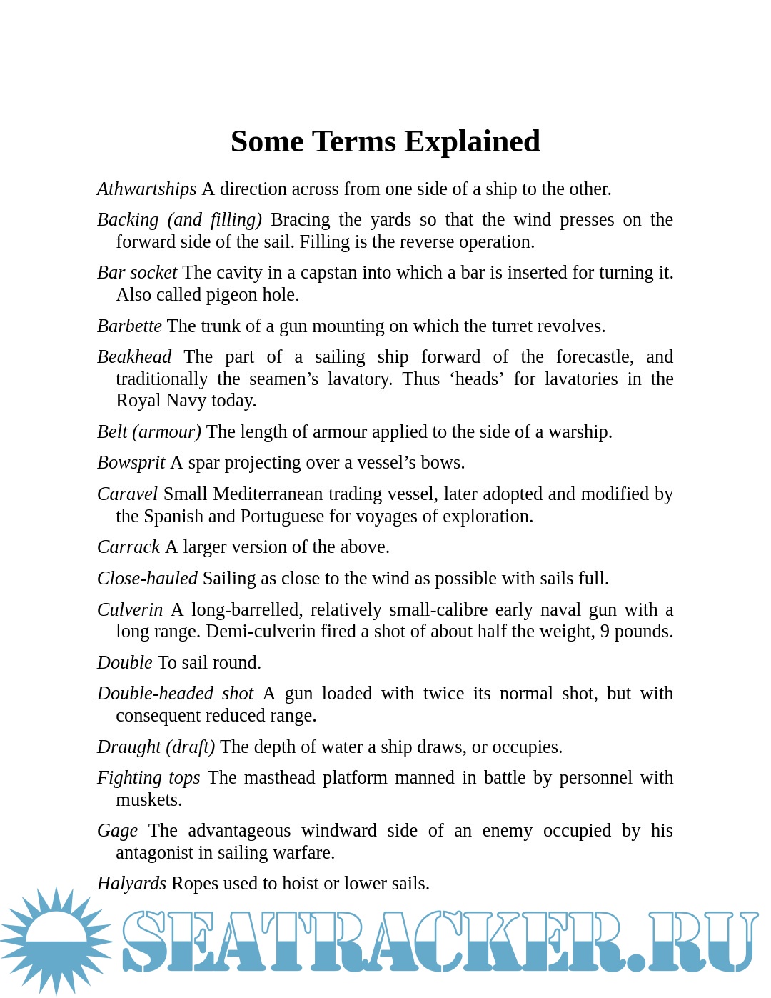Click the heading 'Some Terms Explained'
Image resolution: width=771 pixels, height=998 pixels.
coord(385,141)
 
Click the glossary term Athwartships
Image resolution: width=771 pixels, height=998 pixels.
coord(146,189)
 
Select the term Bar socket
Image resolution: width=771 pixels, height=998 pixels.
coord(137,273)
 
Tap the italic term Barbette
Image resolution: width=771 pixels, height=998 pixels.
coord(129,326)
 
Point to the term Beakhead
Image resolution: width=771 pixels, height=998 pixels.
coord(134,357)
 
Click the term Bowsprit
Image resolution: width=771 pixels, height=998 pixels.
coord(131,463)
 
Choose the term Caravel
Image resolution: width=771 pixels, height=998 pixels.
coord(127,494)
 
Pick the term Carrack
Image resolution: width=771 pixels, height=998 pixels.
coord(128,547)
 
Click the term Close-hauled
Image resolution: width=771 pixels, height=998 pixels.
coord(147,579)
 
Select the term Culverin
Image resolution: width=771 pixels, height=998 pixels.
coord(130,610)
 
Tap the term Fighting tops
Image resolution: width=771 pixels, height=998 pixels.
coord(148,778)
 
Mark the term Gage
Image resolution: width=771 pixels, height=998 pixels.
coord(117,831)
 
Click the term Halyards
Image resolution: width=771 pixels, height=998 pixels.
coord(131,884)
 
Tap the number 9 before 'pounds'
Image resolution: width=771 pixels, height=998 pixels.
coord(605,632)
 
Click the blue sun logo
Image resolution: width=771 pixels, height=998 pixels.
coord(56,941)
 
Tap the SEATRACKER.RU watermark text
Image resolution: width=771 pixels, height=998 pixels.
coord(439,942)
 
